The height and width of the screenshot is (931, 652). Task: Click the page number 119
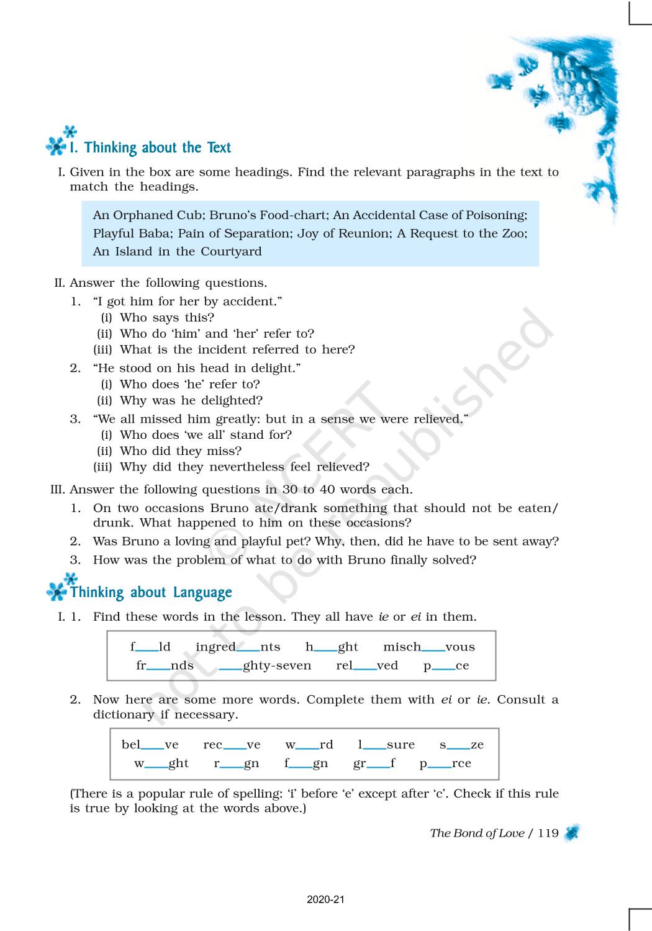[548, 833]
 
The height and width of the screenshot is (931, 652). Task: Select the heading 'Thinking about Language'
[151, 593]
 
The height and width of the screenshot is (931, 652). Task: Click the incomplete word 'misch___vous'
[429, 647]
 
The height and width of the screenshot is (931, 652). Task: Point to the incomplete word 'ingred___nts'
[238, 647]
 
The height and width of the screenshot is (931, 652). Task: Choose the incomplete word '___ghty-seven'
[265, 665]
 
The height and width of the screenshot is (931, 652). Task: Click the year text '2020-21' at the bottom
[325, 899]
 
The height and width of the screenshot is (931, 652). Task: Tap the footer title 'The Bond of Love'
[477, 833]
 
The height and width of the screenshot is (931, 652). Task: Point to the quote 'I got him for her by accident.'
[188, 302]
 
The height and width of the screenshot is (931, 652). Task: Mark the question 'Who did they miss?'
[181, 451]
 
